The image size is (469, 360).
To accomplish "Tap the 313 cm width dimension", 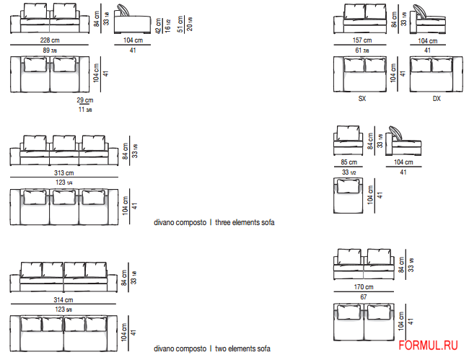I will coord(65,173).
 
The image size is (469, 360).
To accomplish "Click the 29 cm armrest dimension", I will coord(85,101).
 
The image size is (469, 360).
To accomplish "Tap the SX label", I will coord(362,99).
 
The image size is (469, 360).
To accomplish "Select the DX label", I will coord(437,99).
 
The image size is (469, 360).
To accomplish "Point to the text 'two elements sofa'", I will coord(243,349).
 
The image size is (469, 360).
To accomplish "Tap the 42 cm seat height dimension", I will coord(159,27).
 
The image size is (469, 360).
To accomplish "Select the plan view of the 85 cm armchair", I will coord(349,196).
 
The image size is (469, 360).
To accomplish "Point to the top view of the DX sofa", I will coord(436,74).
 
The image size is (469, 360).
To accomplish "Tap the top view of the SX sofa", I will coord(361,74).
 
